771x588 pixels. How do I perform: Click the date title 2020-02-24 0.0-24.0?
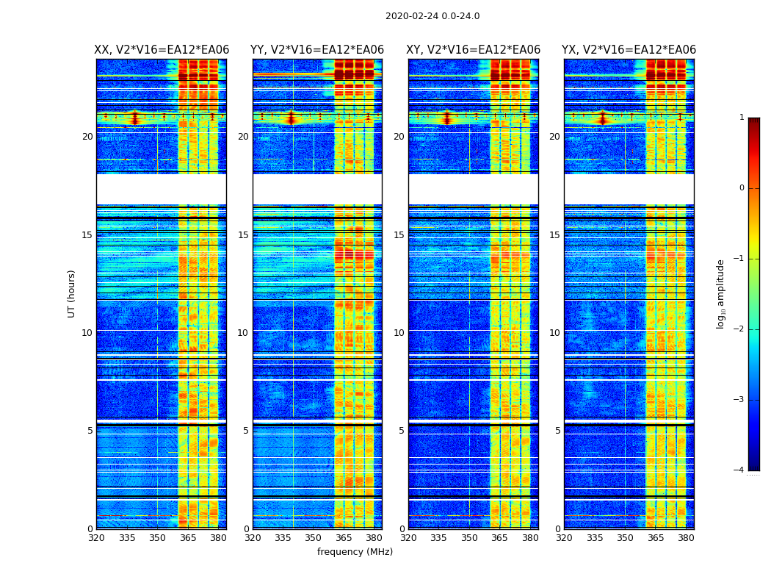coord(432,16)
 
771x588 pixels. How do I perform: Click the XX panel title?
coord(162,50)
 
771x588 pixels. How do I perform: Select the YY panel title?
coord(317,50)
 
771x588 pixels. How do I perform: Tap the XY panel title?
coord(474,50)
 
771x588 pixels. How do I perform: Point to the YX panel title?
coord(629,50)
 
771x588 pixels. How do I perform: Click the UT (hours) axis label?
coord(72,293)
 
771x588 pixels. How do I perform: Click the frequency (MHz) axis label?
coord(355,552)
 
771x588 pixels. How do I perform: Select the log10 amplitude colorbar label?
coord(721,293)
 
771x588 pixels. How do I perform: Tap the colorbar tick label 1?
coord(742,118)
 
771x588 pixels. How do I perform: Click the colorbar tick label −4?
coord(739,470)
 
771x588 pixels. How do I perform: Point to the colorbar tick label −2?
coord(739,329)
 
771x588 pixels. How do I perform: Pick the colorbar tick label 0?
coord(742,188)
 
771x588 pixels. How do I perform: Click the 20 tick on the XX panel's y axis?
coord(87,137)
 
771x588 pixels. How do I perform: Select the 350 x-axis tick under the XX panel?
coord(157,538)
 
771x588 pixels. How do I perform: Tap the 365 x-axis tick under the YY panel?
coord(344,538)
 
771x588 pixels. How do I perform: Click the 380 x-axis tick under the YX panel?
coord(686,538)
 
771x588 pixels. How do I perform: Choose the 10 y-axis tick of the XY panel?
coord(399,333)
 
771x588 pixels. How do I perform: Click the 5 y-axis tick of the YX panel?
coord(557,431)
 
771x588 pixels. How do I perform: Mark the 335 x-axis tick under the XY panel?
coord(439,538)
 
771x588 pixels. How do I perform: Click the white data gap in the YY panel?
coord(317,189)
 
